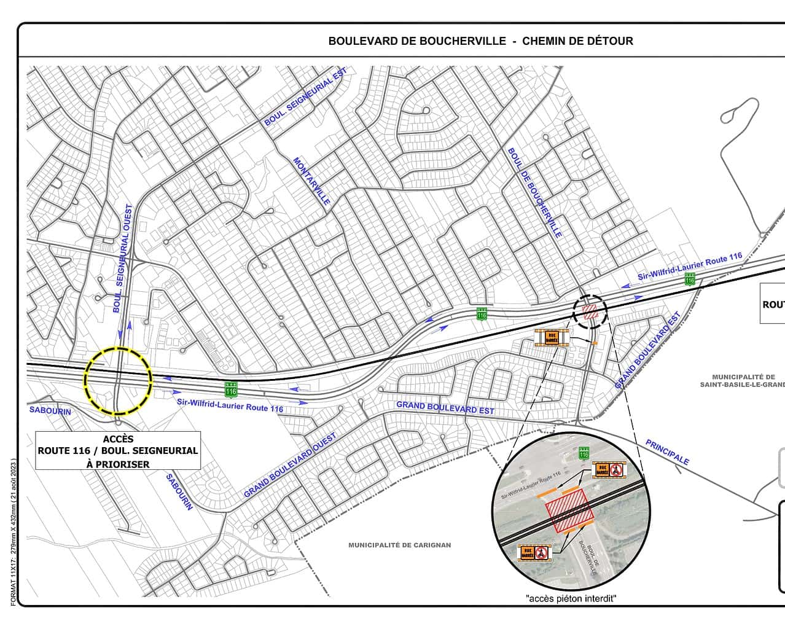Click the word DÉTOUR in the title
pos(608,41)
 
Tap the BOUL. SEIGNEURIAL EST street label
pos(305,97)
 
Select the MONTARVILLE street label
pos(311,181)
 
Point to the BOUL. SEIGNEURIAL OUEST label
pos(123,259)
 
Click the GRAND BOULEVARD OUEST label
pos(290,465)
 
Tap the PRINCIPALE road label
pos(667,453)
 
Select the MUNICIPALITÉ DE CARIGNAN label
pos(399,545)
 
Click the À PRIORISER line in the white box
pos(118,464)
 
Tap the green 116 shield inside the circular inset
pos(584,453)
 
